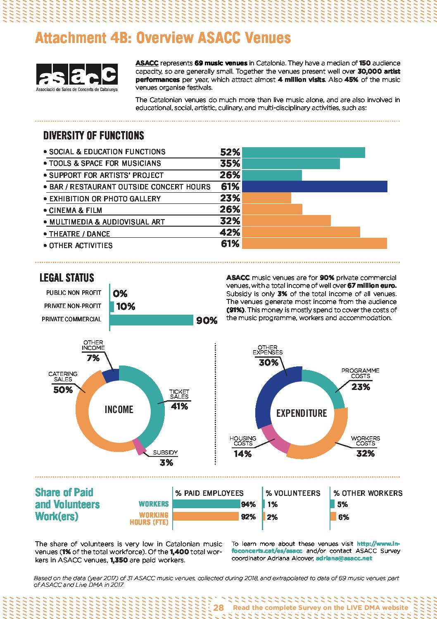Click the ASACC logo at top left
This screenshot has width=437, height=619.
77,77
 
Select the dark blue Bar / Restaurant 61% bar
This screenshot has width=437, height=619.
314,186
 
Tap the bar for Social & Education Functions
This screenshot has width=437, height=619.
303,152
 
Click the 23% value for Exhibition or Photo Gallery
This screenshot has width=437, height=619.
230,198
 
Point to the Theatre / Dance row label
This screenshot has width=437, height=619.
79,234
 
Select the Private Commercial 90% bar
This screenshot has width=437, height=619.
152,320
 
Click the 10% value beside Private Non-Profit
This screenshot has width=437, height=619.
126,306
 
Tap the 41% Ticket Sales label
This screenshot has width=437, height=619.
179,406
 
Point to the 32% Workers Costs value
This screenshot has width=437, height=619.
365,453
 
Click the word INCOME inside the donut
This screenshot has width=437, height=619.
119,409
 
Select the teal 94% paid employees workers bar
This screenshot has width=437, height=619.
206,504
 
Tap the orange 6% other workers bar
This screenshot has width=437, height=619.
333,516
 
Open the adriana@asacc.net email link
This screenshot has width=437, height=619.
344,558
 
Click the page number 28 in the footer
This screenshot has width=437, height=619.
218,607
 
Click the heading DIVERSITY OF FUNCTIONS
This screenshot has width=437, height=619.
94,136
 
